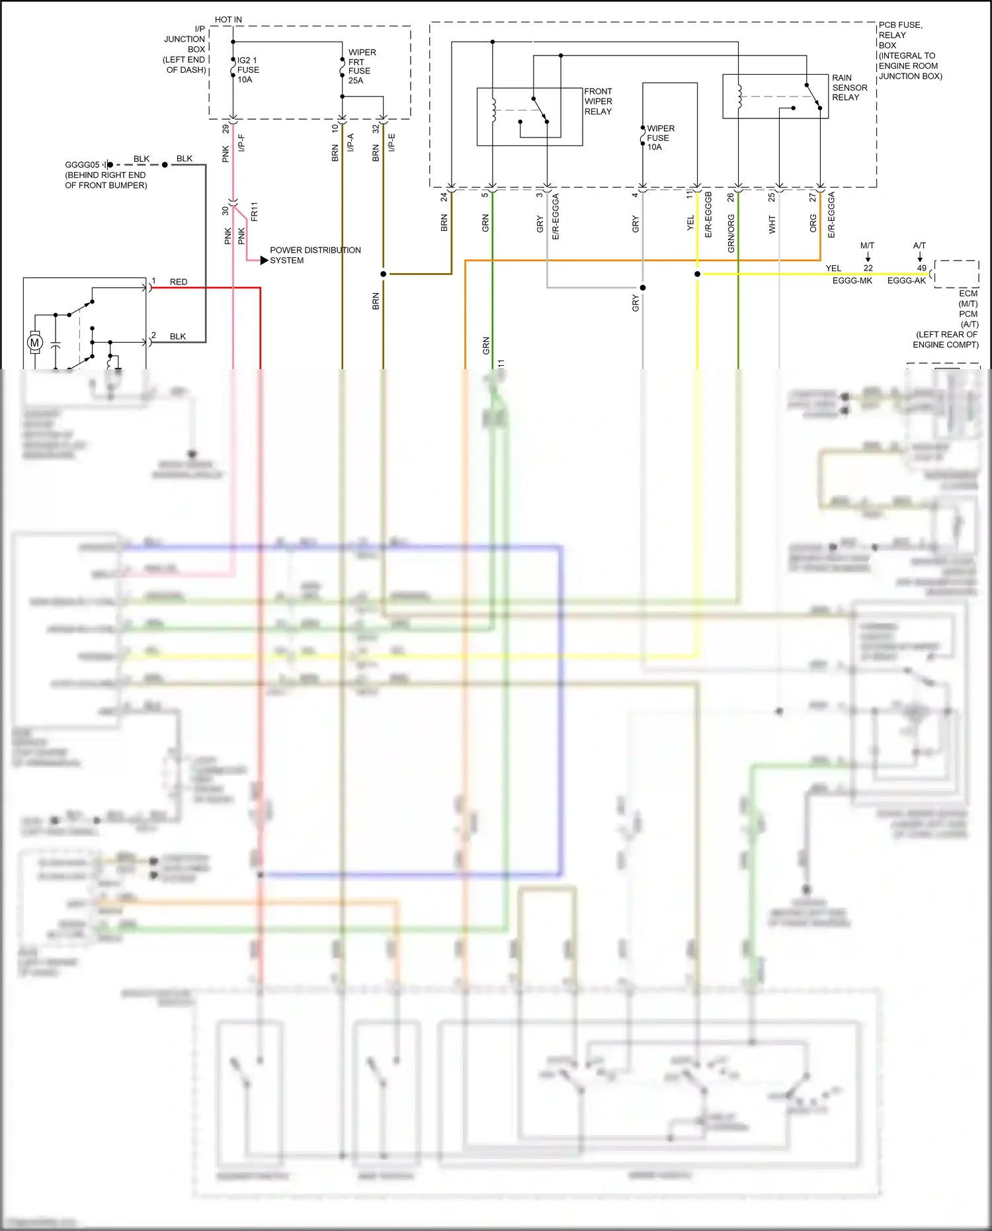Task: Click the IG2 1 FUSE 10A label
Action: (x=248, y=70)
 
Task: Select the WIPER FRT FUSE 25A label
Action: (x=361, y=66)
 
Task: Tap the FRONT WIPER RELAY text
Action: (x=598, y=101)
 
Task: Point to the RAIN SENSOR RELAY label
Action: (x=849, y=87)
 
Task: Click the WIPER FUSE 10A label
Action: (x=660, y=138)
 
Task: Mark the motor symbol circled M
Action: (x=35, y=343)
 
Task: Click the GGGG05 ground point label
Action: (x=82, y=165)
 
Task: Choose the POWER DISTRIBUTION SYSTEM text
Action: (x=315, y=255)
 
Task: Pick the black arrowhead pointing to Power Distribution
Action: (x=264, y=261)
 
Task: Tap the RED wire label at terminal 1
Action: (x=179, y=282)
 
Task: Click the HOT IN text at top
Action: (x=228, y=20)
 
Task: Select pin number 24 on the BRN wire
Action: (x=444, y=197)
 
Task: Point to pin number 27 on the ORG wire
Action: (x=813, y=197)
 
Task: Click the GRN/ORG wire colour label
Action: (x=731, y=233)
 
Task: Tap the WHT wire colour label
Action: (x=772, y=225)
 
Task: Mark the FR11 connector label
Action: (x=255, y=212)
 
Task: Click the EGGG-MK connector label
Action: (x=852, y=281)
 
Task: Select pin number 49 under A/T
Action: (x=921, y=268)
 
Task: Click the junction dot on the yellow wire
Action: (x=697, y=274)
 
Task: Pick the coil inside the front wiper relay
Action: (x=493, y=110)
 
